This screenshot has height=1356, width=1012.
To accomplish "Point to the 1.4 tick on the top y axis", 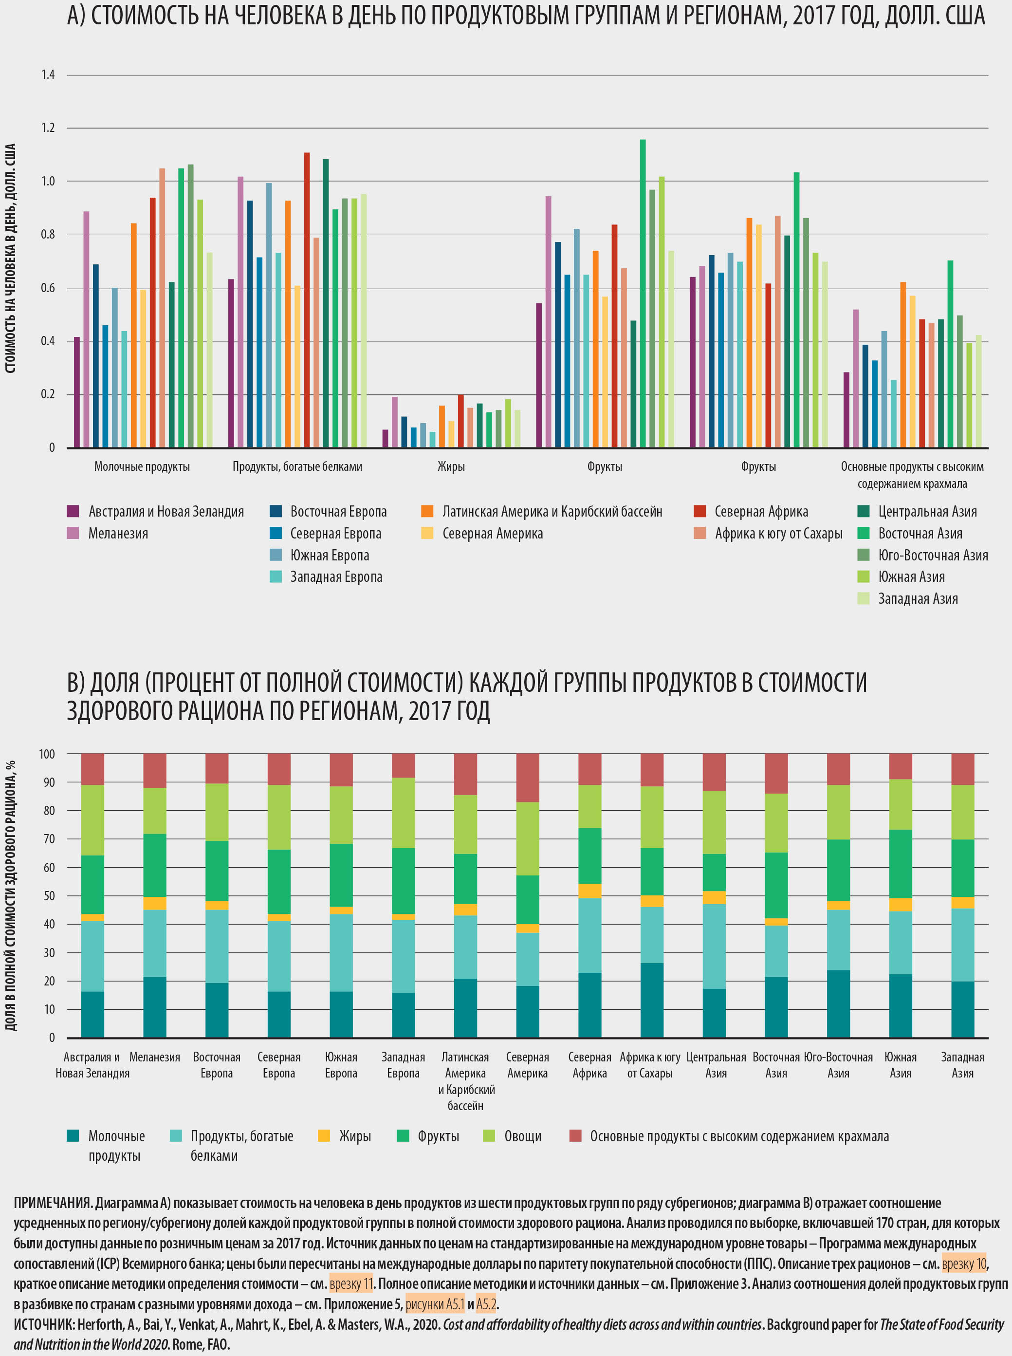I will tap(48, 75).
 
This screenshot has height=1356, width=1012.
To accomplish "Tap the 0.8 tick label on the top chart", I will tap(48, 234).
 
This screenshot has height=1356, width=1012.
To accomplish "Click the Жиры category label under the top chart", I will tap(451, 467).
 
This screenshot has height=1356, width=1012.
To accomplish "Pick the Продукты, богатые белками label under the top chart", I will tap(297, 467).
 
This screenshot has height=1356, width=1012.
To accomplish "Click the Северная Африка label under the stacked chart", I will tap(589, 1065).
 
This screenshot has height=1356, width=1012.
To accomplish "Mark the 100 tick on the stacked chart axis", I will tap(47, 754).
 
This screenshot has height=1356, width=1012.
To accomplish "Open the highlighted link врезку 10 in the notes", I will tap(964, 1263).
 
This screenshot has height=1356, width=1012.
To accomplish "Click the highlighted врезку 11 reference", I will tap(350, 1284).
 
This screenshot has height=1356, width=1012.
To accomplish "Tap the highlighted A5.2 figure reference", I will tap(486, 1304).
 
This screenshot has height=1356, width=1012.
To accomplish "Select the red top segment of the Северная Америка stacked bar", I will tap(528, 778).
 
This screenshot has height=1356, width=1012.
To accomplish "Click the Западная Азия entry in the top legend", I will tap(917, 599).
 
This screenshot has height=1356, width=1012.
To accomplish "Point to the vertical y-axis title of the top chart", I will tap(10, 258).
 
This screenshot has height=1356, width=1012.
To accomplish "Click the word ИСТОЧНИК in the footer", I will tap(43, 1324).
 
